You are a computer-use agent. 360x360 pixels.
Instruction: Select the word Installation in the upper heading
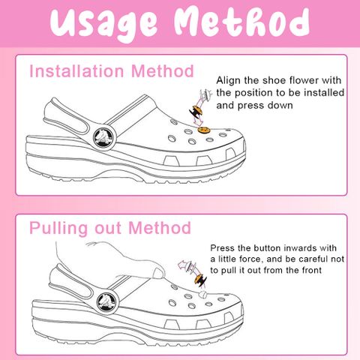coord(76,71)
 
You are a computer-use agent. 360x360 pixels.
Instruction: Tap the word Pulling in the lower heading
coord(58,229)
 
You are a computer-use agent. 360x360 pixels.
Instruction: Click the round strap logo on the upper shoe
coord(105,137)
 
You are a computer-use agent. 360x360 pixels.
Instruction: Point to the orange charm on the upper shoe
coord(204,130)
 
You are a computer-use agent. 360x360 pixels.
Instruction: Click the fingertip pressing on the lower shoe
coord(158,273)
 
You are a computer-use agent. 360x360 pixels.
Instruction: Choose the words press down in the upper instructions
coord(265,106)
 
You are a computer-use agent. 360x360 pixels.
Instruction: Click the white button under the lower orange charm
coord(203,294)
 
